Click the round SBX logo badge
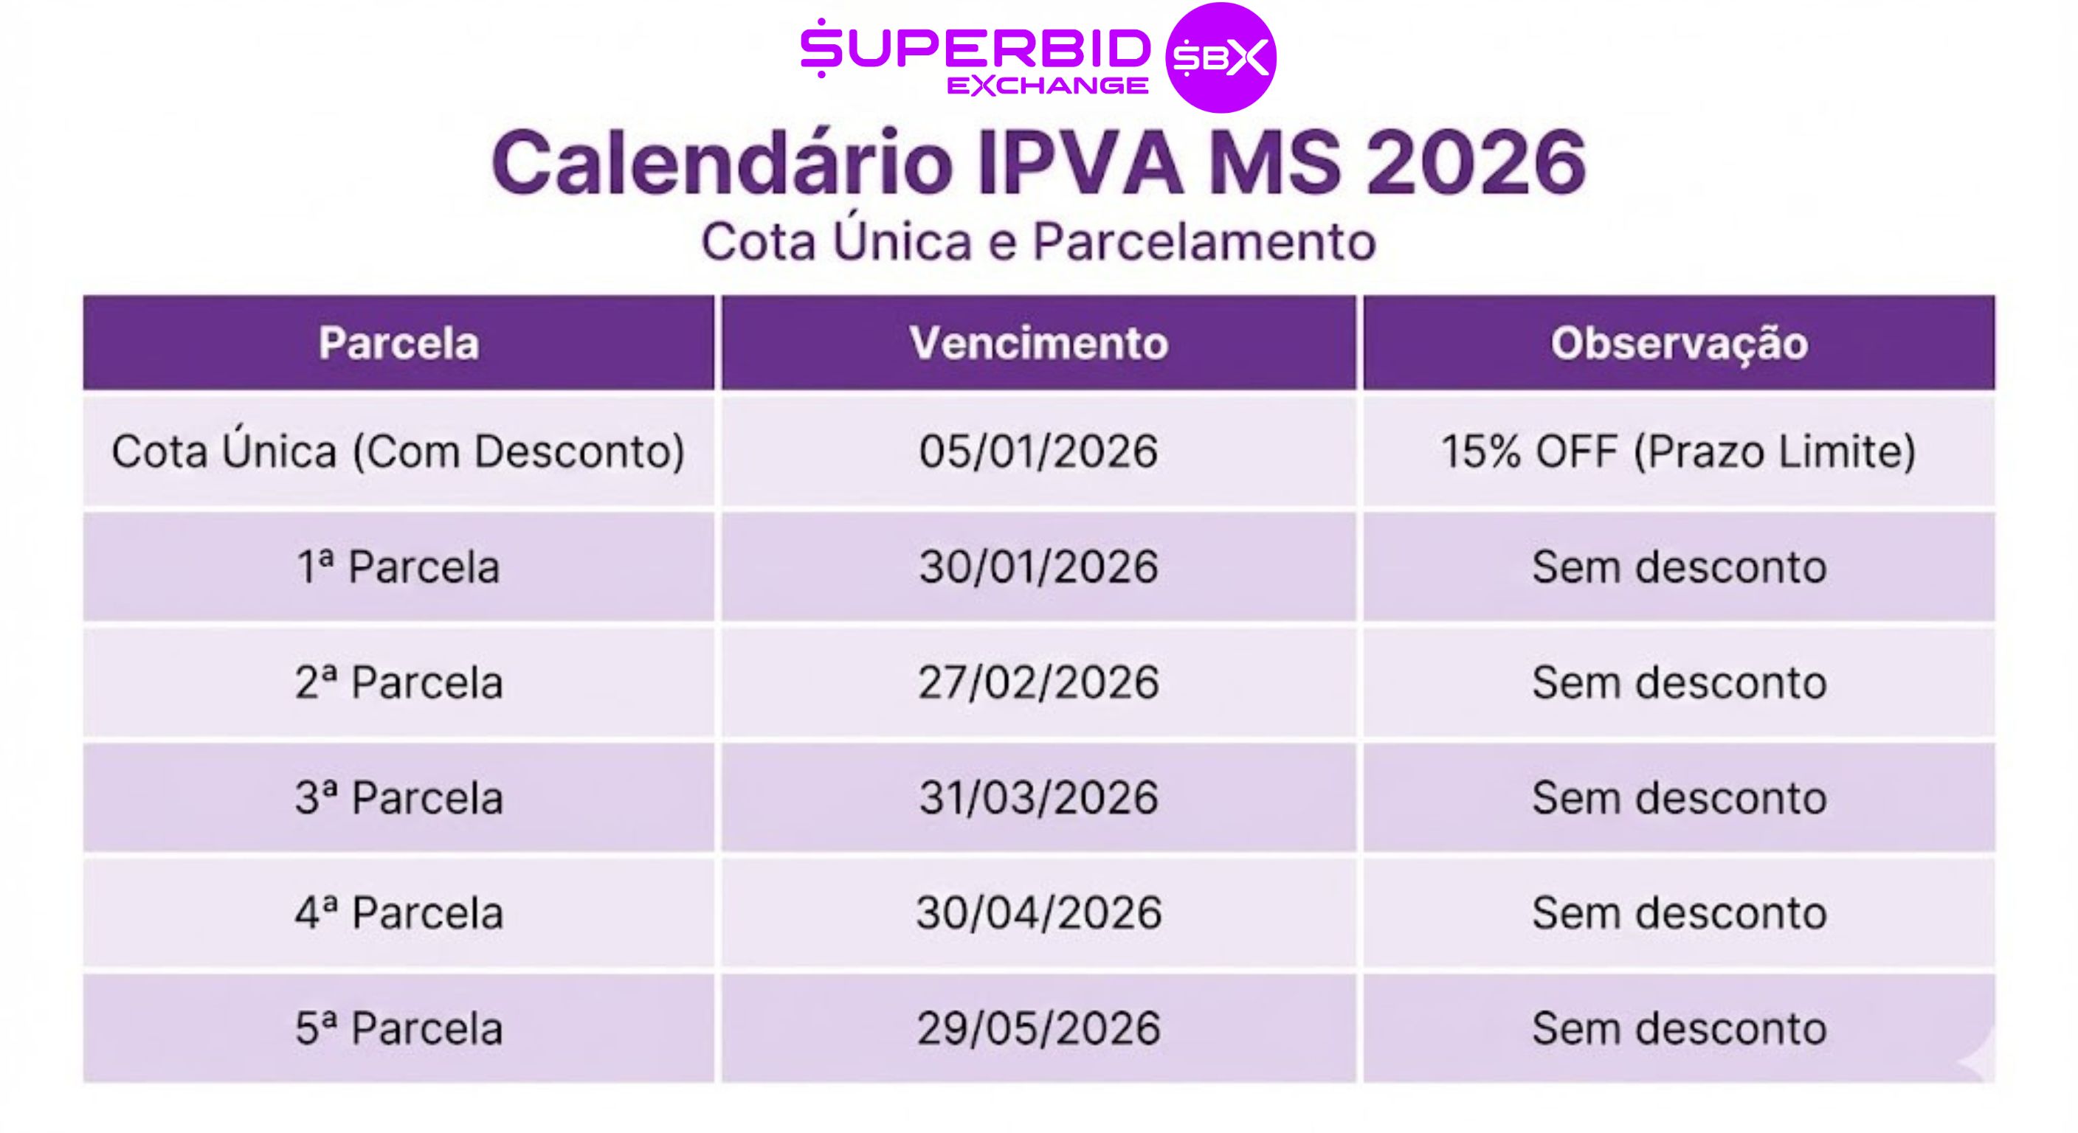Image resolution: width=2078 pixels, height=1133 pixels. (1221, 58)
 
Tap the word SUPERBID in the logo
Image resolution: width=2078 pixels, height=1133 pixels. (976, 49)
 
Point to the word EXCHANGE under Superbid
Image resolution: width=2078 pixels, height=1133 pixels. (1048, 86)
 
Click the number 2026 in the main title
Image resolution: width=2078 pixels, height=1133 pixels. (1476, 163)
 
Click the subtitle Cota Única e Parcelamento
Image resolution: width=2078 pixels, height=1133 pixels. (1038, 241)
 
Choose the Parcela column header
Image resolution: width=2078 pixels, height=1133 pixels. (398, 343)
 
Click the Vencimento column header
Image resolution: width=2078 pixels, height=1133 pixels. (1039, 343)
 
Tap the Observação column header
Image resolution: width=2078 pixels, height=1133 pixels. (1680, 344)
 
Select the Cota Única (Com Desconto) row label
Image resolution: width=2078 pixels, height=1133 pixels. (398, 451)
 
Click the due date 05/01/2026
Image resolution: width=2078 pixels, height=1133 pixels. (1039, 451)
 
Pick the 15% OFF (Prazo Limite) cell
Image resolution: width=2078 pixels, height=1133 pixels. (1679, 451)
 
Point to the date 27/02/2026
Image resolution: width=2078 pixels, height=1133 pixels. (1039, 682)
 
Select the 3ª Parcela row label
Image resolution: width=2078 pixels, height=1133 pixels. (398, 797)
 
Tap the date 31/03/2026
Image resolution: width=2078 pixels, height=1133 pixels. (1039, 797)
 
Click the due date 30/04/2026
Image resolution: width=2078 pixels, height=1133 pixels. (1039, 913)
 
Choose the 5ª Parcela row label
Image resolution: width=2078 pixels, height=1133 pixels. (398, 1028)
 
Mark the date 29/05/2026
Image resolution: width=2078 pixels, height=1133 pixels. (1039, 1028)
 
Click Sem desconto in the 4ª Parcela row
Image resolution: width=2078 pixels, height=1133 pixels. (1680, 913)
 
